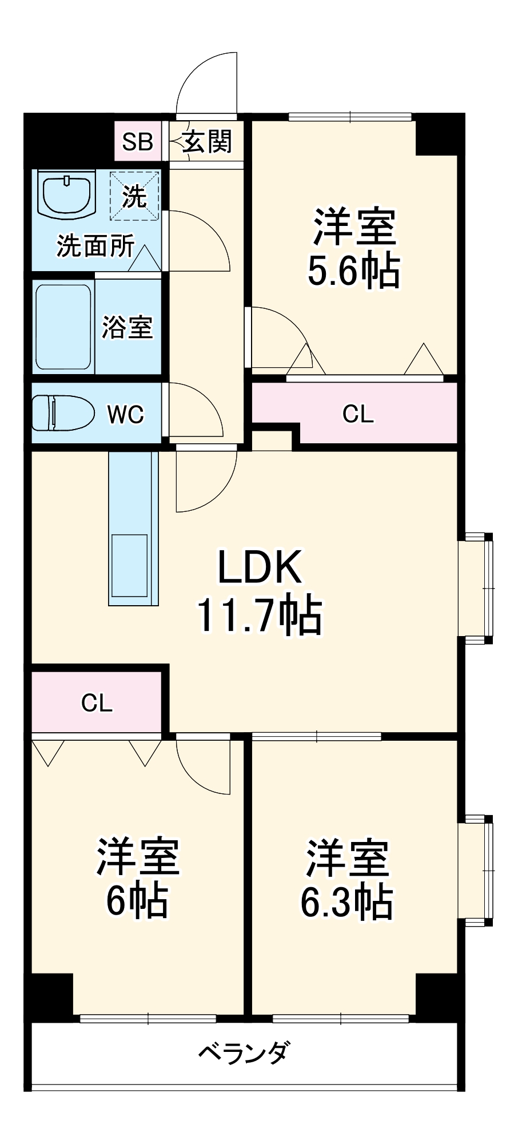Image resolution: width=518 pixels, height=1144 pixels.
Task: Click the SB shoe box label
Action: [137, 141]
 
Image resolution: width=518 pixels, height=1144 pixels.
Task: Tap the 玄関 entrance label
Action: [207, 141]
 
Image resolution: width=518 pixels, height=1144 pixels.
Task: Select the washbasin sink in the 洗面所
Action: [67, 194]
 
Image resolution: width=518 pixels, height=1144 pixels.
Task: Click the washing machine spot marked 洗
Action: [135, 196]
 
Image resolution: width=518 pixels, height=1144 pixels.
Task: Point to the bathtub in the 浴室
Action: [63, 327]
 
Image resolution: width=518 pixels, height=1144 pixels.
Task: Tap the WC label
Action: [126, 414]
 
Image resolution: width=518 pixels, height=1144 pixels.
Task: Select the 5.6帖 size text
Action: [353, 271]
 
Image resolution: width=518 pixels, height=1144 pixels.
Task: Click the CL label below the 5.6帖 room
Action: [358, 414]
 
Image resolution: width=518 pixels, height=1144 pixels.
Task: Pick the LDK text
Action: [260, 567]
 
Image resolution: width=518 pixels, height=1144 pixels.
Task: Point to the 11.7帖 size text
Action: [260, 615]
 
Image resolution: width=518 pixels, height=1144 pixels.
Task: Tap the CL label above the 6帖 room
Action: [97, 703]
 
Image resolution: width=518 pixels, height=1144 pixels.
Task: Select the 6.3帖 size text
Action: [346, 902]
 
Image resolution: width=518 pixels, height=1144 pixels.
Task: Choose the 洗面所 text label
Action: [95, 246]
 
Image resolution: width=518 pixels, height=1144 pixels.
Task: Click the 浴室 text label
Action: [127, 327]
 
